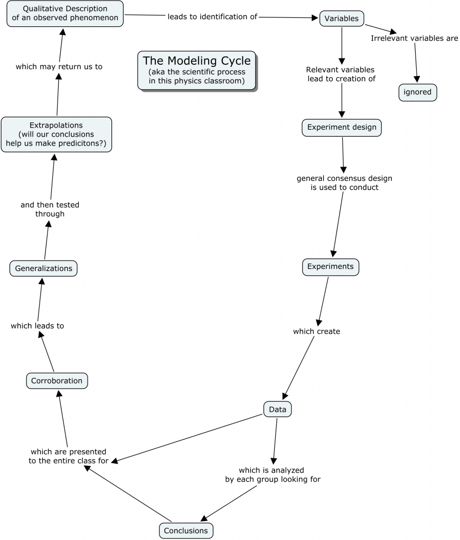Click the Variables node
coord(341,18)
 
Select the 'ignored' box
coord(417,92)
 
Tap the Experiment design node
coord(342,127)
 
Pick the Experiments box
coord(331,267)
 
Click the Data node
coord(277,409)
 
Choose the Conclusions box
coord(186,531)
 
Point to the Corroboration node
coord(57,381)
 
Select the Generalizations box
coord(43,268)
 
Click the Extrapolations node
coord(56,134)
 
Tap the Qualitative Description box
coord(65,14)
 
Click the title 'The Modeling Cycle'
coord(196,61)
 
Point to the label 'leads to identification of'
coord(212,17)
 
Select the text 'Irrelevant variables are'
coord(414,38)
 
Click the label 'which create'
coord(316,332)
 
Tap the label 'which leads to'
coord(37,326)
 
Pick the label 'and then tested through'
coord(50,209)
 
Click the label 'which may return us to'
coord(59,67)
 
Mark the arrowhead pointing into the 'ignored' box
coord(417,80)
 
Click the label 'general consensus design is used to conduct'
coord(344,183)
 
